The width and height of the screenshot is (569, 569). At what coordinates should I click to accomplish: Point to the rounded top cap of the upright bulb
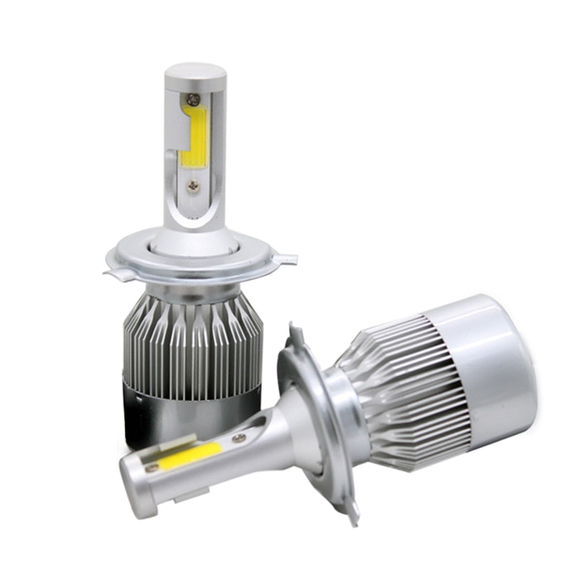tap(194, 73)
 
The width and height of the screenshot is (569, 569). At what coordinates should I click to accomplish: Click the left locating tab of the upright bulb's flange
tap(112, 272)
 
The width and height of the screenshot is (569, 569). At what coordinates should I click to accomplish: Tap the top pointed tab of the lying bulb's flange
tap(292, 334)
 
